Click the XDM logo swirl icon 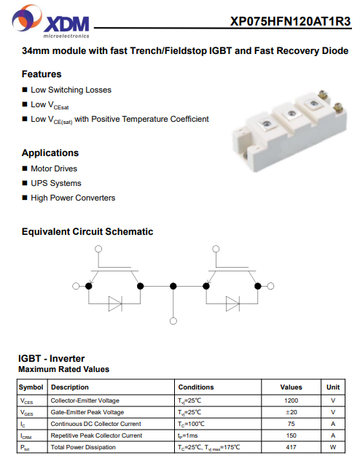tap(27, 18)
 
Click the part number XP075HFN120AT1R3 tap(291, 21)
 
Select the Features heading tap(42, 74)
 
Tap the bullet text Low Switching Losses tap(71, 90)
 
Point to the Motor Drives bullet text tap(54, 168)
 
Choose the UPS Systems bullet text tap(56, 183)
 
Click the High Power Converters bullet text tap(73, 198)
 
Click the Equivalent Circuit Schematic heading tap(87, 232)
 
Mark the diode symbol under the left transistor tap(115, 303)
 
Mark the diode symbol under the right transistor tap(232, 303)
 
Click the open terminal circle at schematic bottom tap(173, 321)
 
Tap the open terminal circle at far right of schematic tap(270, 286)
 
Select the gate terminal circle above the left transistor tap(98, 249)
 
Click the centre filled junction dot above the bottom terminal tap(173, 286)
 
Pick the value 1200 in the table tap(291, 400)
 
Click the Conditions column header tap(196, 387)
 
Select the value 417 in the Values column tap(291, 447)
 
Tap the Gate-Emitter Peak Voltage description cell tap(87, 412)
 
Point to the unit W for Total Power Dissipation tap(333, 447)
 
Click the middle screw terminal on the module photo tap(291, 114)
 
